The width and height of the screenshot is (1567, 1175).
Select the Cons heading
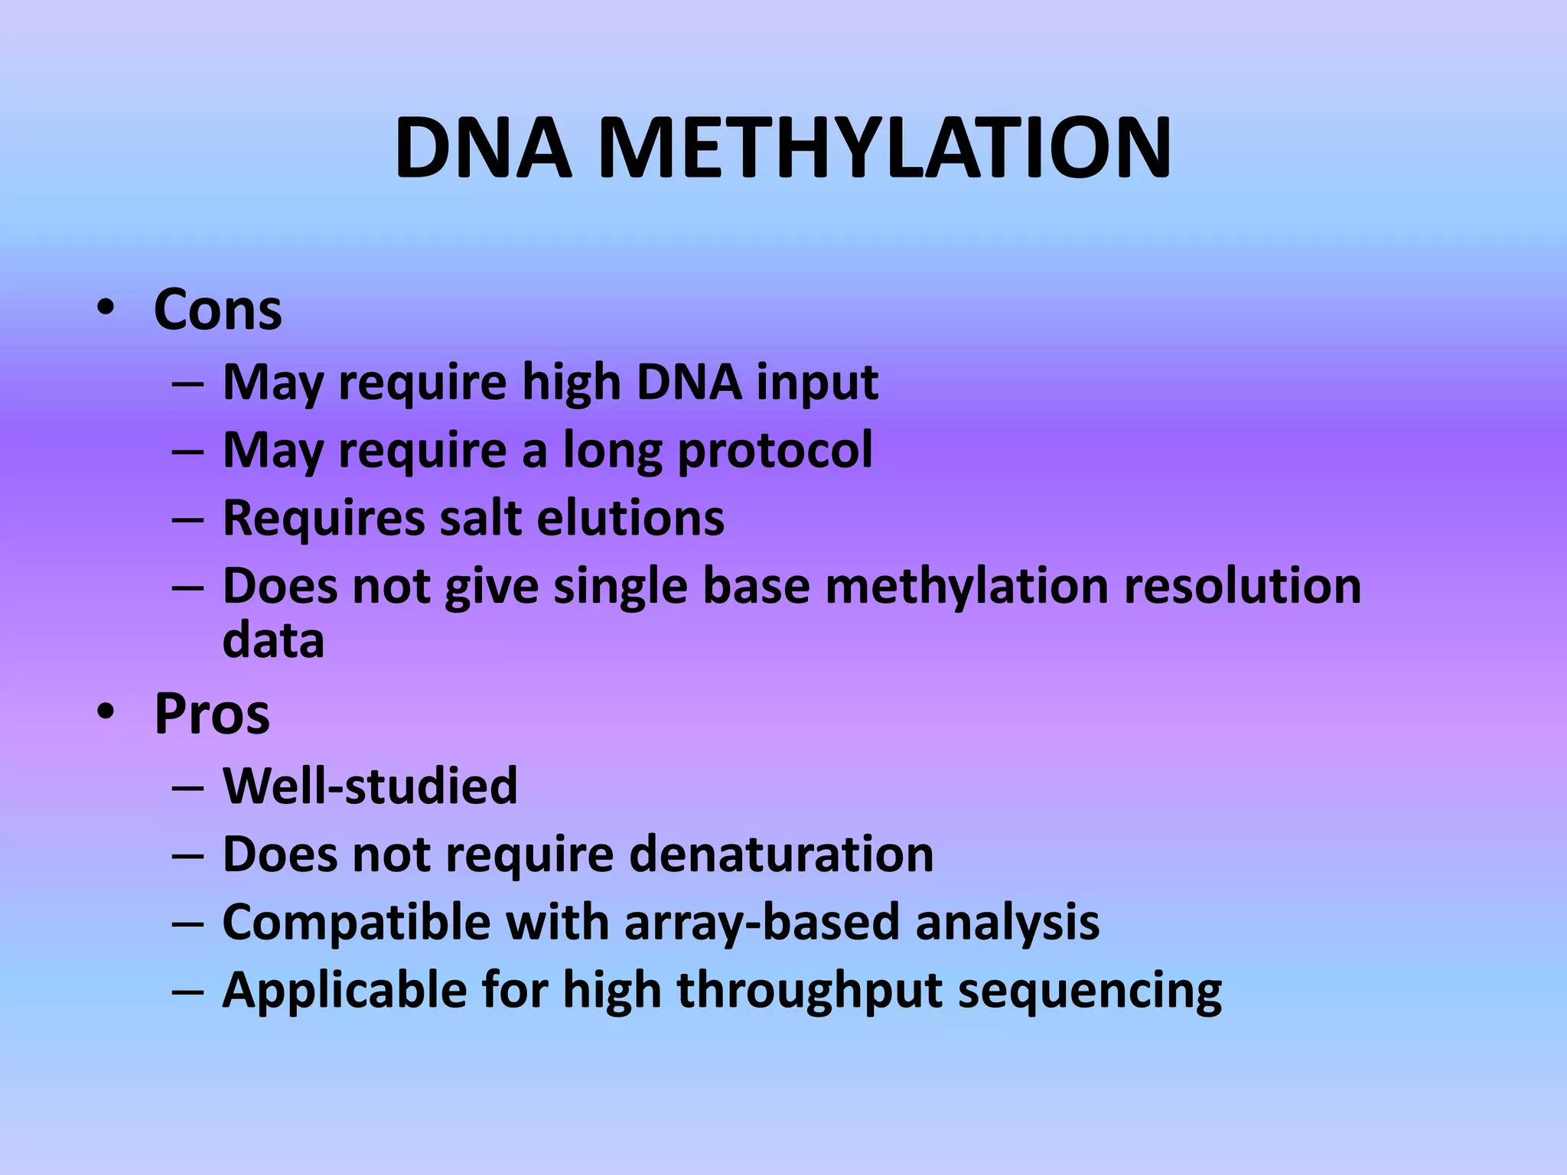click(218, 310)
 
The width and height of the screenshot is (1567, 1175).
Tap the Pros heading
click(212, 714)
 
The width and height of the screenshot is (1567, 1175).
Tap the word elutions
click(630, 518)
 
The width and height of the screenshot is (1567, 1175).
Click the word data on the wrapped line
click(273, 640)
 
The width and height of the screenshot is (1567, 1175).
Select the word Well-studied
click(370, 786)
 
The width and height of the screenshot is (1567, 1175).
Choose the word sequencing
click(1090, 991)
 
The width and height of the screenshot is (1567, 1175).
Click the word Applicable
click(344, 991)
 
